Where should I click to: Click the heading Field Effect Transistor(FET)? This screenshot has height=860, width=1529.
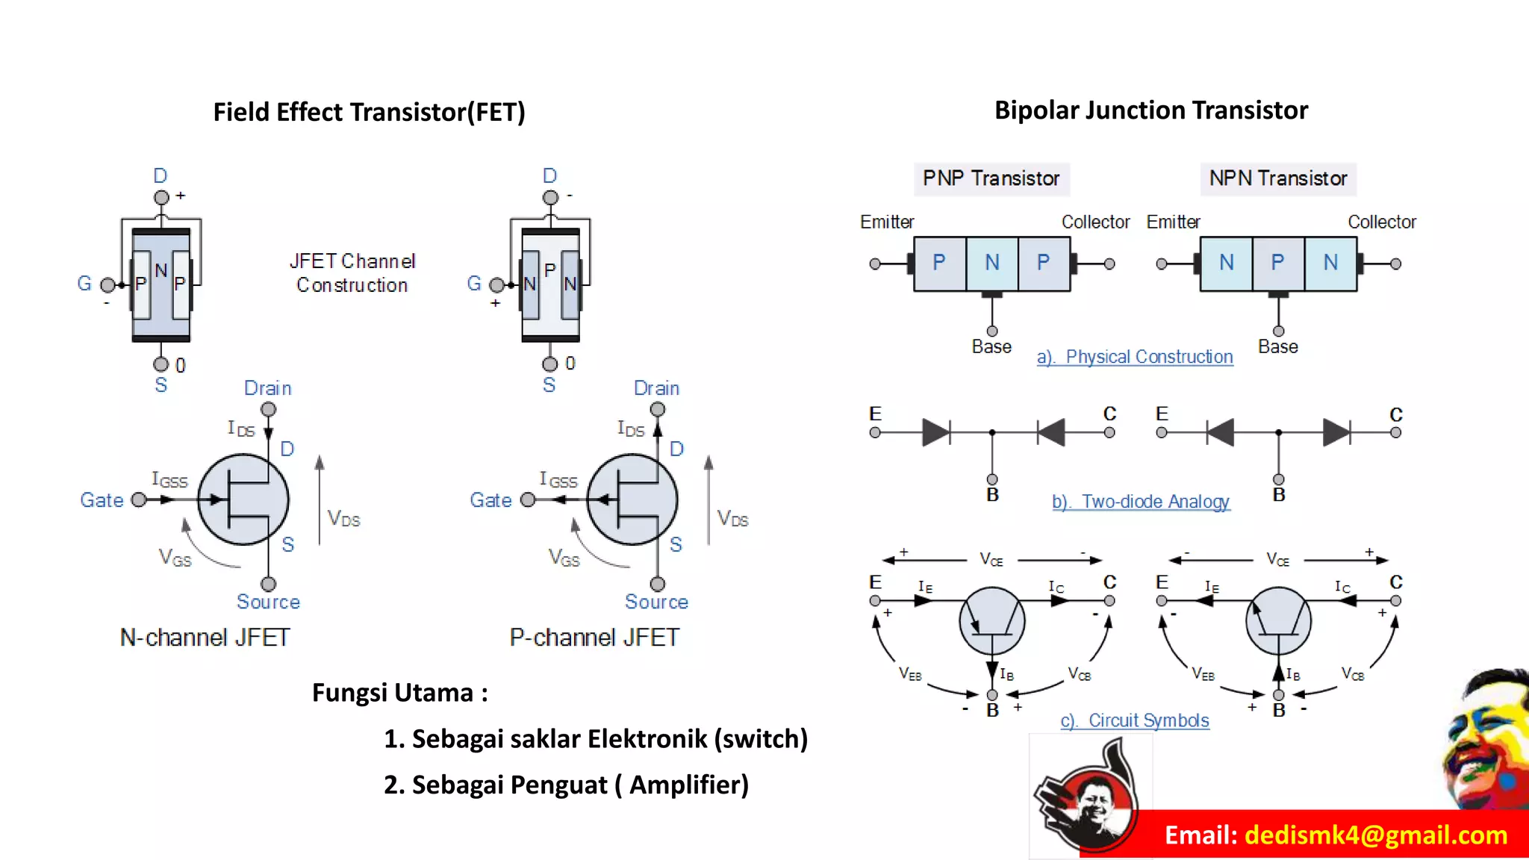[369, 112]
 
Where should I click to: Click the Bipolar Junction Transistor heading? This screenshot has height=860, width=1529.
[1150, 110]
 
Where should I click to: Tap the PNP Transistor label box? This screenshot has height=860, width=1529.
[991, 178]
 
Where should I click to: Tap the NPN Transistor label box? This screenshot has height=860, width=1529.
[1277, 178]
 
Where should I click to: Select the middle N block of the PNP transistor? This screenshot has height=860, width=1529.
[991, 263]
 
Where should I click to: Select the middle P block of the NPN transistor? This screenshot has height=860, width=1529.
[1277, 263]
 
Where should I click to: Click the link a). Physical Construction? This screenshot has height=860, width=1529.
[1134, 357]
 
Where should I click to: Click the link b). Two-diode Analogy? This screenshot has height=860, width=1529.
[1140, 502]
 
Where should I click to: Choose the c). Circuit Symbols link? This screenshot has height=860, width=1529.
[1134, 720]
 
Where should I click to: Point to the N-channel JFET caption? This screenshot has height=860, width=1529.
[205, 638]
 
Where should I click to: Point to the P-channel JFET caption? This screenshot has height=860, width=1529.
[594, 638]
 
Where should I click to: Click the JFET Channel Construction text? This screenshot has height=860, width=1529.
[352, 273]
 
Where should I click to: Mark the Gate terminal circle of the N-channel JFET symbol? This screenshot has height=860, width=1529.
[138, 499]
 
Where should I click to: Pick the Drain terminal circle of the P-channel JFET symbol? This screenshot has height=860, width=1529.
[657, 409]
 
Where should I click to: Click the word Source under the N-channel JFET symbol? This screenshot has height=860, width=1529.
[268, 602]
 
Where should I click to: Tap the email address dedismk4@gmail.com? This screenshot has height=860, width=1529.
[1376, 835]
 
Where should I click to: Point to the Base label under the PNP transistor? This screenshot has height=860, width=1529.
[991, 346]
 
